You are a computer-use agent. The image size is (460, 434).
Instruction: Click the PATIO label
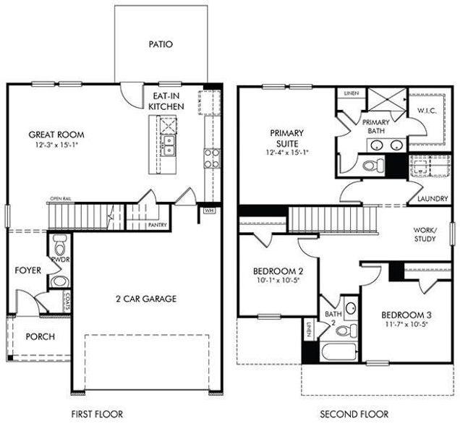161,44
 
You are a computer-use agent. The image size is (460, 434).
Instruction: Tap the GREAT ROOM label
56,135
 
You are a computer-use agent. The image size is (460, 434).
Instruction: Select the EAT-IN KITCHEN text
166,101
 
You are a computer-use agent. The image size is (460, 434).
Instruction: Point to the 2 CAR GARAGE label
145,298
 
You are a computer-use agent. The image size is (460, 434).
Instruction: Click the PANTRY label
158,225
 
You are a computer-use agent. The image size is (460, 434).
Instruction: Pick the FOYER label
27,271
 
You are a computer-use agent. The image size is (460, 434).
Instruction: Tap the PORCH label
40,337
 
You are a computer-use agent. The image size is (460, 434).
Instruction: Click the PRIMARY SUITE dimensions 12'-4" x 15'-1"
286,153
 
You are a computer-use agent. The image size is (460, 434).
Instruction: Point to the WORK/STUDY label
425,233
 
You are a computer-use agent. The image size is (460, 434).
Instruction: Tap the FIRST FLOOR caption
97,414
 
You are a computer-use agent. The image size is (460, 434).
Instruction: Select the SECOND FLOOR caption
354,414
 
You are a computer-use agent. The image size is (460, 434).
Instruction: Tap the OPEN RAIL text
61,197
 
